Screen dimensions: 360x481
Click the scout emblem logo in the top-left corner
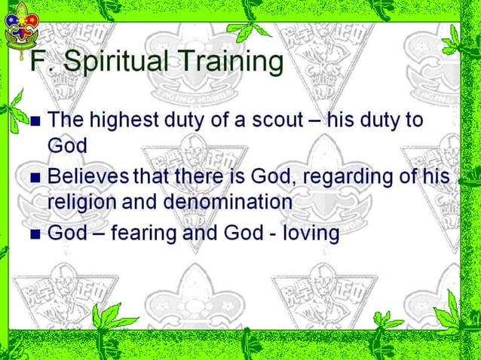coord(20,24)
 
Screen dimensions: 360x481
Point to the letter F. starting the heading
coord(38,62)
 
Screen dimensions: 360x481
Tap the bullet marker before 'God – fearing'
coord(34,234)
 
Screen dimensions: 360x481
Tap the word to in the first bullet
coord(412,121)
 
